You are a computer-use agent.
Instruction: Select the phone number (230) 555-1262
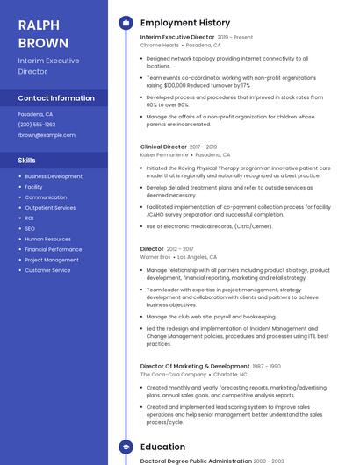36,125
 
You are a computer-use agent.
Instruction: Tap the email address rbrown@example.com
47,135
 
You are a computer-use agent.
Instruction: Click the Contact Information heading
56,98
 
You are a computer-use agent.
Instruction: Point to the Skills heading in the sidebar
27,161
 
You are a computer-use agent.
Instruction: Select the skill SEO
30,228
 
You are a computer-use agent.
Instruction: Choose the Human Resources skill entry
47,239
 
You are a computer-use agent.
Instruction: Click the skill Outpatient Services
50,208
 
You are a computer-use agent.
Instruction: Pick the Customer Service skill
47,270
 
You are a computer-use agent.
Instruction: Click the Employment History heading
185,23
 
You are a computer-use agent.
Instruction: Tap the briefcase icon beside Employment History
126,23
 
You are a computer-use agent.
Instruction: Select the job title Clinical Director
162,147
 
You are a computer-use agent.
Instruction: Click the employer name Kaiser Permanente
164,154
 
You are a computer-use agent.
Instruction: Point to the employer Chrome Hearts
159,45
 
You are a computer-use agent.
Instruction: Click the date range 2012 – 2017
181,249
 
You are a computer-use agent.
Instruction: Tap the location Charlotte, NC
231,374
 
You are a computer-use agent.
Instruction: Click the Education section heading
162,447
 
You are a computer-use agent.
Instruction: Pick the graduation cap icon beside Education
126,447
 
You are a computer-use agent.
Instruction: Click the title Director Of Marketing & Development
195,366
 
